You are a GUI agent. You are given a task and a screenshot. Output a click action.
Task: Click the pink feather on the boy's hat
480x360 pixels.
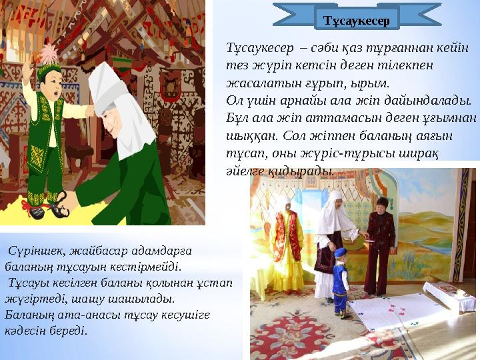point(48,53)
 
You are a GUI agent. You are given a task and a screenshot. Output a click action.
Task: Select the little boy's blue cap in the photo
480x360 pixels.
point(341,254)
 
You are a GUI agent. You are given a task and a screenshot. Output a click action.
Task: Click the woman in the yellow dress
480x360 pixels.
point(287,243)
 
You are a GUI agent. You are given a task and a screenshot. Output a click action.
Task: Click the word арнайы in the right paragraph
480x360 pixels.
point(316,101)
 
